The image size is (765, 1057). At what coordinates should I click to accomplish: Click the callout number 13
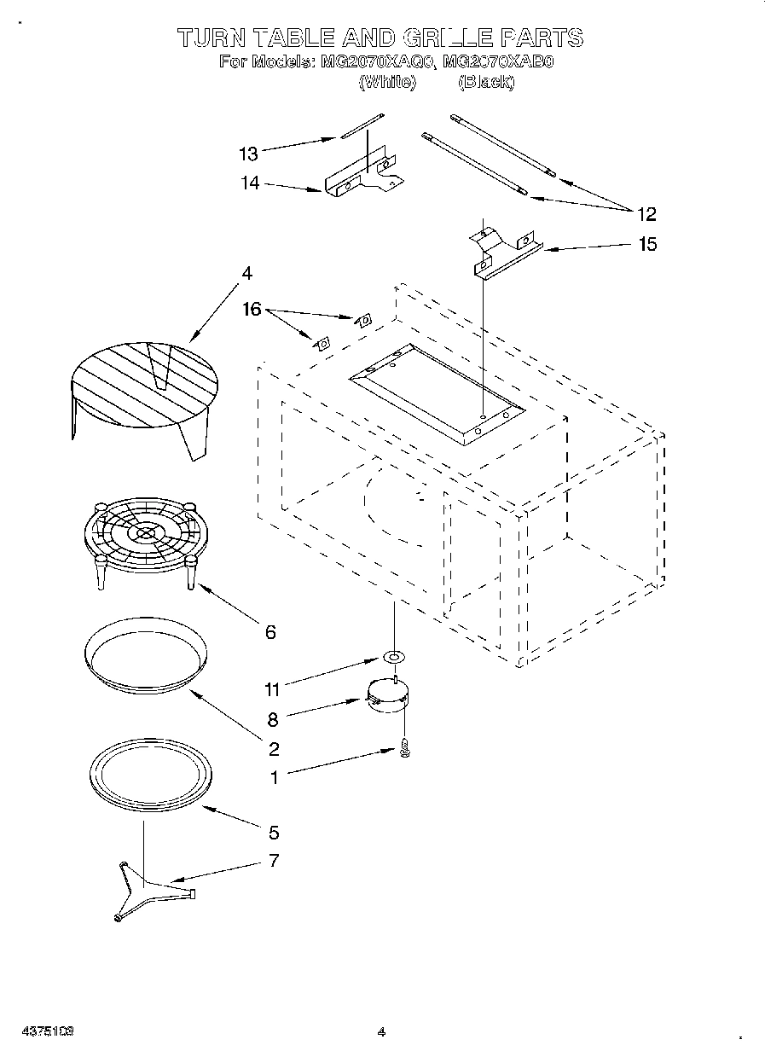pos(248,154)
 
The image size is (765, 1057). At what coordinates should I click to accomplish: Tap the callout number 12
pos(646,213)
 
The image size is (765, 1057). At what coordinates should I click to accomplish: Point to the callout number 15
pos(647,245)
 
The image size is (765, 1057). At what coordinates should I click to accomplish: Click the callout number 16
pos(252,310)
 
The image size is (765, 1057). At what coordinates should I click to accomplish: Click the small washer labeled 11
pos(394,658)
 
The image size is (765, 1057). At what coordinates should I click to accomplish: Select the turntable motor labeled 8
pos(386,696)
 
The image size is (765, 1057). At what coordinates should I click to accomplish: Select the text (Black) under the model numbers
pos(486,82)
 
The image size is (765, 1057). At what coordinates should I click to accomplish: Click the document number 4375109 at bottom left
pos(49,1031)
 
